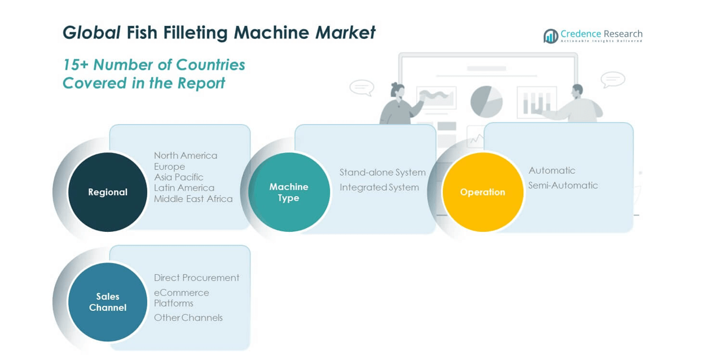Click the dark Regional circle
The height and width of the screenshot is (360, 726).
[x=107, y=192]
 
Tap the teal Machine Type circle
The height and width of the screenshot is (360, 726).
[x=289, y=192]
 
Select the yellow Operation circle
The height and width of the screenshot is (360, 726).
[x=482, y=192]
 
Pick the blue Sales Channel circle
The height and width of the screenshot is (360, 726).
[x=107, y=302]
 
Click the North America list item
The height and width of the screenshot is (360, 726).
[x=186, y=155]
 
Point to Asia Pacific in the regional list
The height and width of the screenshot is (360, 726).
[x=179, y=177]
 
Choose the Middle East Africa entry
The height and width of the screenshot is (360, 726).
[x=193, y=199]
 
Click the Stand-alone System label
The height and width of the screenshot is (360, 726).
[x=382, y=172]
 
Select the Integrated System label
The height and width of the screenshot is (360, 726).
[x=379, y=187]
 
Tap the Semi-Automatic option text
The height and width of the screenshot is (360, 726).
[x=563, y=185]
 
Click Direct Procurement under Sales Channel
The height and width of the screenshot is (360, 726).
[x=197, y=278]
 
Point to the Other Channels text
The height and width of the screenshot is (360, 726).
[x=188, y=318]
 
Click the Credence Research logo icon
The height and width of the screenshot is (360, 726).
[x=551, y=36]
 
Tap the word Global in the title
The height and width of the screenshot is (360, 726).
[x=91, y=33]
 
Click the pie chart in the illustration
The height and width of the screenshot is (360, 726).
[x=486, y=101]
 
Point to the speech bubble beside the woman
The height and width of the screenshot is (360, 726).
[x=362, y=87]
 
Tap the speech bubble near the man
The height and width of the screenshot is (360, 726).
[x=613, y=79]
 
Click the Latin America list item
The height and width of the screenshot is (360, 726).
[x=184, y=188]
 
